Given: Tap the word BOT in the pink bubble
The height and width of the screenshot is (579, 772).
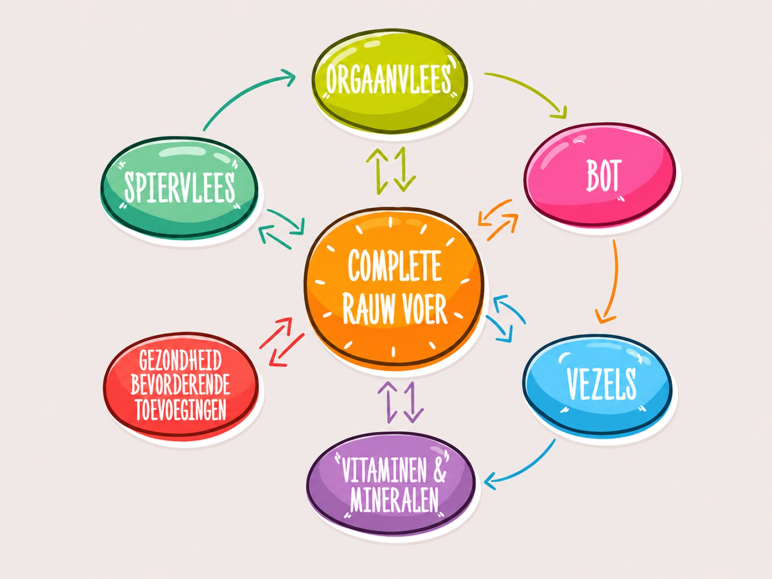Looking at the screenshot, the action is click(603, 176).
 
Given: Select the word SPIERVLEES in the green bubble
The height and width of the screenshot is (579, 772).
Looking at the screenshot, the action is click(179, 187).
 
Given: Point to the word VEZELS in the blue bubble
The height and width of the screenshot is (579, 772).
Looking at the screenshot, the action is click(601, 384).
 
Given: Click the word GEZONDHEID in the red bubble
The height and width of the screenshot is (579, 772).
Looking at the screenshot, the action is click(180, 360).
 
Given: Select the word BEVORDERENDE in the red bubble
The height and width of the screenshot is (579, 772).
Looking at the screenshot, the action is click(180, 385).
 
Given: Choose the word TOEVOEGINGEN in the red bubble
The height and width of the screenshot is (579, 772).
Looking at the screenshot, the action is click(181, 410).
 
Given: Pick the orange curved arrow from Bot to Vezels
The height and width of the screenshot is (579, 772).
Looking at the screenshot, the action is click(614, 281).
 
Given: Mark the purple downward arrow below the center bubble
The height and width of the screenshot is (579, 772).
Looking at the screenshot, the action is click(413, 402).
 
